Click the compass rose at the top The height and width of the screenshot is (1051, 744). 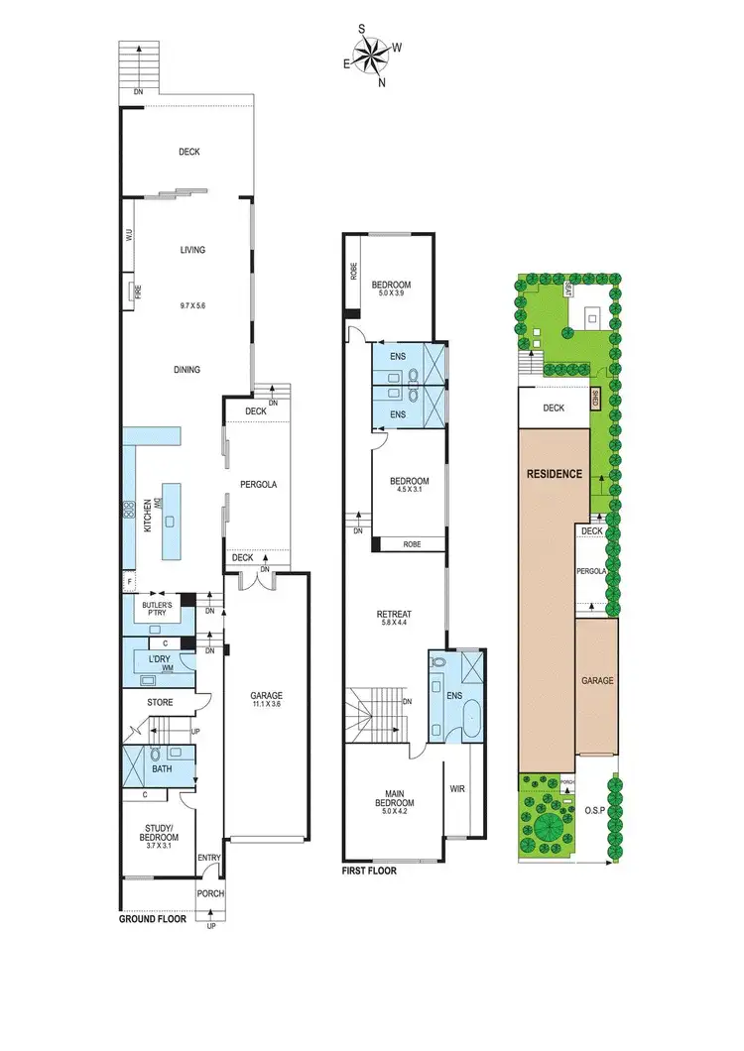pos(374,56)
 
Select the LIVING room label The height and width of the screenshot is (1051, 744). pos(192,250)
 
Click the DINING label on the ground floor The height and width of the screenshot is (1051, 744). pos(186,370)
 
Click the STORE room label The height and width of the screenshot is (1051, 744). pos(160,703)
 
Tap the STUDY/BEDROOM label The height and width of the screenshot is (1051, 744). pos(160,822)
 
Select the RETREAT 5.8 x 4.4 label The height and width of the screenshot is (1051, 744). pos(395,620)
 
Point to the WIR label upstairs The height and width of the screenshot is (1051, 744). pos(457,789)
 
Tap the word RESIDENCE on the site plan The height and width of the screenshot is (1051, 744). pos(554,474)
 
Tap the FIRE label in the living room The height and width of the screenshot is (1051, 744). pos(129,294)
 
